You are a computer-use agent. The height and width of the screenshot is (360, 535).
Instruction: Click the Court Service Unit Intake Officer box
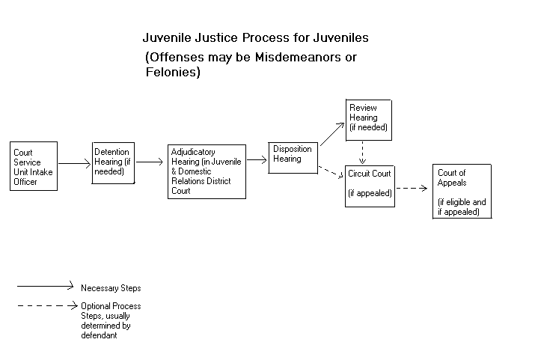[34, 166]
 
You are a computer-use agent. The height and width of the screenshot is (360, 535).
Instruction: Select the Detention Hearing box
[113, 162]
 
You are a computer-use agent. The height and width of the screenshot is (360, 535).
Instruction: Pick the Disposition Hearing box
[293, 154]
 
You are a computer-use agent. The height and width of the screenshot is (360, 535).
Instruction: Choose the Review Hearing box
[369, 118]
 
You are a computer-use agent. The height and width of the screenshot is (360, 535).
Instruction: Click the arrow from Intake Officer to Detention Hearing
[75, 162]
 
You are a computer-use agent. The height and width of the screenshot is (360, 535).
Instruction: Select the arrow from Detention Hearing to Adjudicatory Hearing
[151, 161]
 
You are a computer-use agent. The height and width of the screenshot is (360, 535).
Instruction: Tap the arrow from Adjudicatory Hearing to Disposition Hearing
[257, 159]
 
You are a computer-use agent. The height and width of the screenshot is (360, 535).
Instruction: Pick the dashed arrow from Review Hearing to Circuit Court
[363, 153]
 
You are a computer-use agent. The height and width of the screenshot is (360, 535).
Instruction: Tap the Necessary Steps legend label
[111, 287]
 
